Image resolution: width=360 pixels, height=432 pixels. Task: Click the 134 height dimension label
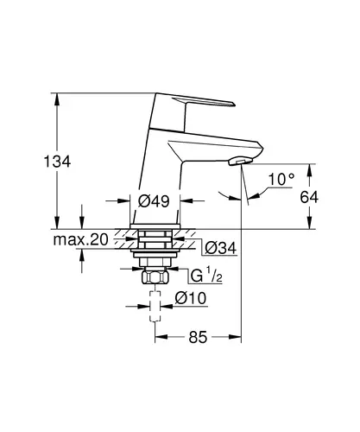coord(57,162)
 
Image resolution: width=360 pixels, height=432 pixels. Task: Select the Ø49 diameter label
coord(154,200)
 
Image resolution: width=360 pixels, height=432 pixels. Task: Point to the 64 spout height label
coord(309,198)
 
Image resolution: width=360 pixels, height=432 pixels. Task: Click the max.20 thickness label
coord(81,239)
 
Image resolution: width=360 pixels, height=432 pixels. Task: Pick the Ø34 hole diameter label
coord(221,248)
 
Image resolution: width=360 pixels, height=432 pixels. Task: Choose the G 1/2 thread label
coord(206,276)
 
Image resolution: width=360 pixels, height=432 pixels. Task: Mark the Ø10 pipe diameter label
coord(191,298)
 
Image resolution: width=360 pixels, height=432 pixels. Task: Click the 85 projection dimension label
coord(198,337)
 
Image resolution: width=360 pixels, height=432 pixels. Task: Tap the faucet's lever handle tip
coord(233,104)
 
